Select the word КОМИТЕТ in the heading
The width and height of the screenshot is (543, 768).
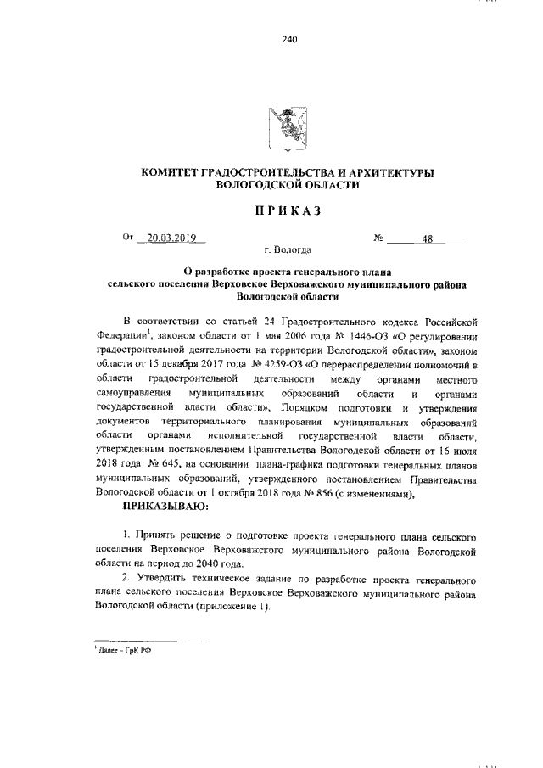[174, 172]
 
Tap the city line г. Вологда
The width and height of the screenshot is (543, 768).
[288, 251]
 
